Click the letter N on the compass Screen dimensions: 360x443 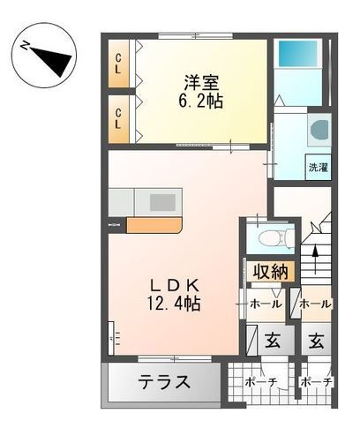coord(25,46)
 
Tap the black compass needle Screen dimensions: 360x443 coord(55,60)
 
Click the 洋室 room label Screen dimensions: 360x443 coord(202,83)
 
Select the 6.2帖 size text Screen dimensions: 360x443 coord(200,101)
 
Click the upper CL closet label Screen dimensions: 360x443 coord(118,64)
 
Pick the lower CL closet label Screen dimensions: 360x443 coord(118,119)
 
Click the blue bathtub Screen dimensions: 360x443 coord(297,54)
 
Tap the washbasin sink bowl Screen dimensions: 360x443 coord(319,130)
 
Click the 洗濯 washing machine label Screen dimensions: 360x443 coord(318,168)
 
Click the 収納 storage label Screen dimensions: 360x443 coord(270,271)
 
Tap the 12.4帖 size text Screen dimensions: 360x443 coord(174,304)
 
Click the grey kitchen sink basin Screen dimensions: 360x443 coord(162,202)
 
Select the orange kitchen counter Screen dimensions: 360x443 coord(154,225)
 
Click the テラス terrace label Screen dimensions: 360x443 coord(165,382)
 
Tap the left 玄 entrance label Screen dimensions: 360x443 coord(273,341)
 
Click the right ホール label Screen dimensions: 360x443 coord(316,304)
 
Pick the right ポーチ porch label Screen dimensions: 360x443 coord(316,382)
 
